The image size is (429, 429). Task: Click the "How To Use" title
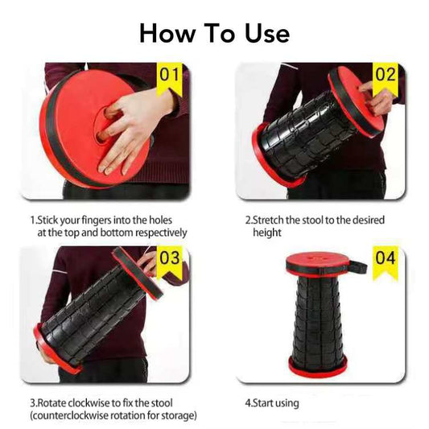click(x=214, y=33)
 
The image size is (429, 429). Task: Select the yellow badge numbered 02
click(x=385, y=77)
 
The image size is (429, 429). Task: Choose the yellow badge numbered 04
click(x=385, y=259)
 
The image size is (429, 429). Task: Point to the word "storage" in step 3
click(x=179, y=415)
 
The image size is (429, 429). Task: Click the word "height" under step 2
click(x=266, y=233)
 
